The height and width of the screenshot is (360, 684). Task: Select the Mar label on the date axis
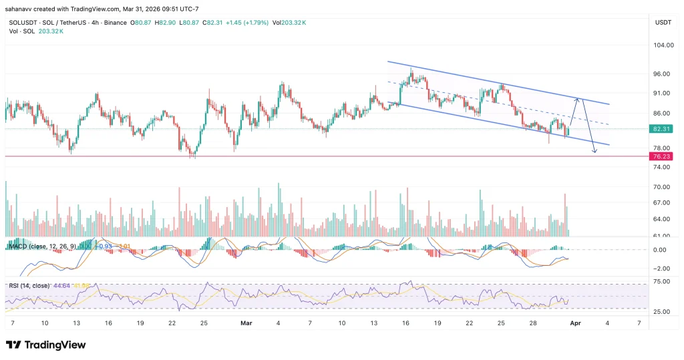pyautogui.click(x=244, y=323)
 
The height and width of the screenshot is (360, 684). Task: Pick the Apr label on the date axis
pyautogui.click(x=575, y=323)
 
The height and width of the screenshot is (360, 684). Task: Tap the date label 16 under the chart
pyautogui.click(x=405, y=323)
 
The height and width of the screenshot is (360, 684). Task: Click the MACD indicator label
pyautogui.click(x=19, y=247)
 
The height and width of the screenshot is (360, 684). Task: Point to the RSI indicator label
pyautogui.click(x=14, y=286)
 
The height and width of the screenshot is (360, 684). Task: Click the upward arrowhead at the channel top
pyautogui.click(x=580, y=100)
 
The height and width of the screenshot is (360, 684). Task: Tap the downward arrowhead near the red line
pyautogui.click(x=593, y=153)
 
